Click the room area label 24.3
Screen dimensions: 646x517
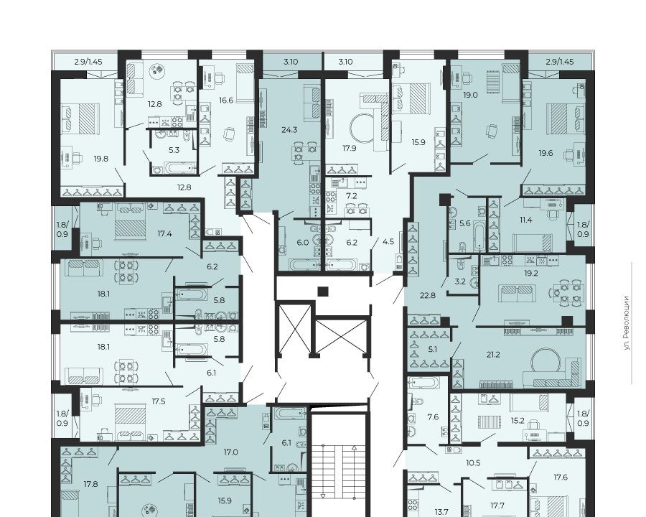[289, 130]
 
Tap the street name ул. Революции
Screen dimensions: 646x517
[627, 323]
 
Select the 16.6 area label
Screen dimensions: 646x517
[226, 101]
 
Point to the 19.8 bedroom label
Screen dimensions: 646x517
[101, 158]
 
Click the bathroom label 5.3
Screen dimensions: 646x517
[174, 150]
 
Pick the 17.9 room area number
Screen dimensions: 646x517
[350, 149]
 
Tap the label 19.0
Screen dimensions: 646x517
[470, 95]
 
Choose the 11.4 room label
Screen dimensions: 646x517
[525, 220]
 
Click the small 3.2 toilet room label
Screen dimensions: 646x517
[460, 281]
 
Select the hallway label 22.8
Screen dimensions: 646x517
[428, 295]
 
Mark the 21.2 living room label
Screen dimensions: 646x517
[493, 354]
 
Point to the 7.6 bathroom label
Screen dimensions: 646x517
[433, 417]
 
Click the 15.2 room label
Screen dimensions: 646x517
[518, 421]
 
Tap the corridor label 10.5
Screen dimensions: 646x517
[474, 463]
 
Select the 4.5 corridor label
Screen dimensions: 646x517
[388, 241]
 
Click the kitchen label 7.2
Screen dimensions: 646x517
[352, 196]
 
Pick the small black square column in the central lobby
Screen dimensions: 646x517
[323, 292]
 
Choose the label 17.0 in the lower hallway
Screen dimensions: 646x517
[230, 452]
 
